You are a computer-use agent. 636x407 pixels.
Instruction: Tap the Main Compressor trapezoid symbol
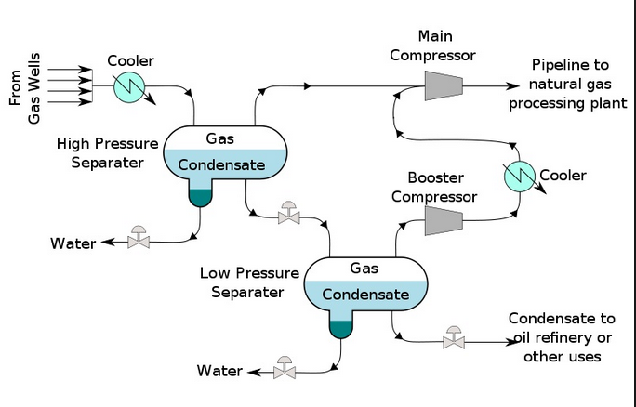click(x=444, y=85)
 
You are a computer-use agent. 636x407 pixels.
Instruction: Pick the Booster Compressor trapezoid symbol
click(x=444, y=219)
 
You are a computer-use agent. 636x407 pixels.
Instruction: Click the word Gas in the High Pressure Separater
click(x=220, y=138)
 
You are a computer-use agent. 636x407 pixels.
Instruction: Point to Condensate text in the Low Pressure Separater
click(x=365, y=295)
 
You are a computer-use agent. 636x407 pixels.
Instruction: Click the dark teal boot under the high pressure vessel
click(x=200, y=193)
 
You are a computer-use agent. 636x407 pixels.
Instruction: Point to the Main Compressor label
click(x=434, y=46)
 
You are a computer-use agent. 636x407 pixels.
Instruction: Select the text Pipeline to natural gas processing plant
click(x=570, y=84)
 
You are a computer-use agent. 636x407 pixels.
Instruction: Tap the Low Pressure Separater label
click(x=249, y=282)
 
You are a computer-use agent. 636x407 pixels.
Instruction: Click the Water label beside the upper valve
click(x=73, y=243)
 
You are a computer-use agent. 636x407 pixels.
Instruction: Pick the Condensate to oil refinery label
click(x=562, y=337)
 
